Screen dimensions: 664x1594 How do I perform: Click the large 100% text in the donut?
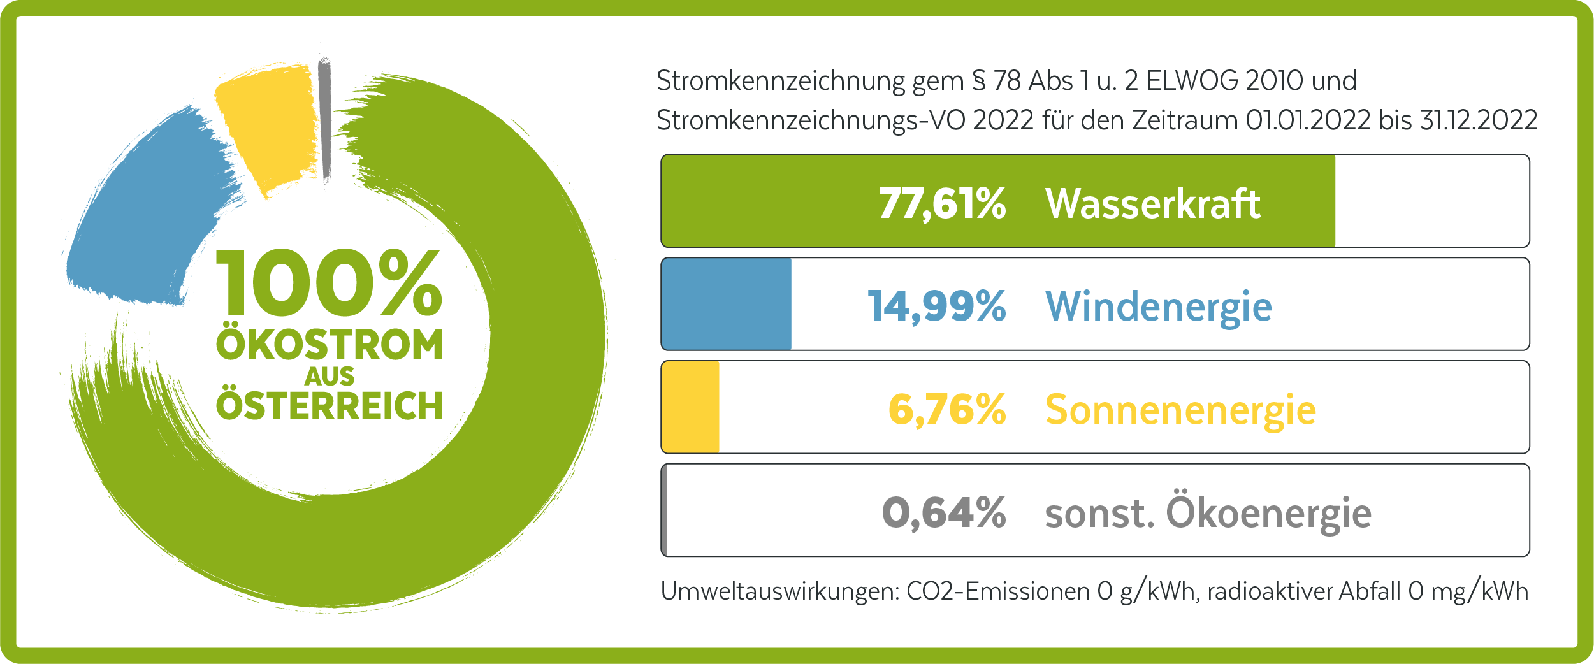[x=329, y=283]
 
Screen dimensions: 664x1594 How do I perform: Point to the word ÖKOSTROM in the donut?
[x=329, y=345]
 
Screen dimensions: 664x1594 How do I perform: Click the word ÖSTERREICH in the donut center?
[x=329, y=405]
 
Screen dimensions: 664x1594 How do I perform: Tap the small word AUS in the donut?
[x=329, y=377]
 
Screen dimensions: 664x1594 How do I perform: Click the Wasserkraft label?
[x=1152, y=204]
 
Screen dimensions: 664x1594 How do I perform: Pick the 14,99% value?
[x=936, y=307]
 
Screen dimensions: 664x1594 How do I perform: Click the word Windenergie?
[x=1158, y=307]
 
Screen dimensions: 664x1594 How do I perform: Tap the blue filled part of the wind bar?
[x=727, y=304]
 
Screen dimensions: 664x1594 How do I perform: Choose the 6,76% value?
[x=947, y=410]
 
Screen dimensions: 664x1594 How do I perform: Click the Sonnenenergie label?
[x=1180, y=410]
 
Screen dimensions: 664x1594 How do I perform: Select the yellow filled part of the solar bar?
[x=691, y=407]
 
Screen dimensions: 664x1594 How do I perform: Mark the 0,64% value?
[x=944, y=513]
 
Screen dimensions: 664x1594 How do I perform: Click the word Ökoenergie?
[x=1268, y=513]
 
